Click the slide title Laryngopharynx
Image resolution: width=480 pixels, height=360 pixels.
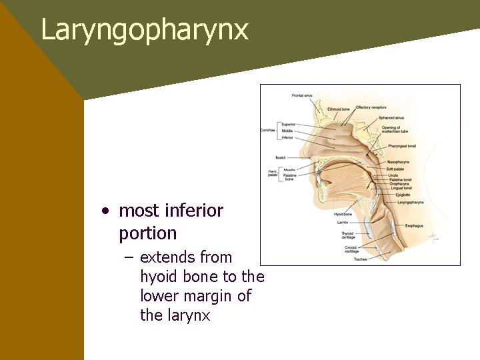145,31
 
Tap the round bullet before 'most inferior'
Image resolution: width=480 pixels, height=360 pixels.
105,211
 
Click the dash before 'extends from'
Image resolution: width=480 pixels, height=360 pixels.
129,258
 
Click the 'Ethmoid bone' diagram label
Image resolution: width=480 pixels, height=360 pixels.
339,109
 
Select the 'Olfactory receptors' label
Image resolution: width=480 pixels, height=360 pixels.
371,107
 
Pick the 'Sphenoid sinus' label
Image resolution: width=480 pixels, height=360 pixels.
391,118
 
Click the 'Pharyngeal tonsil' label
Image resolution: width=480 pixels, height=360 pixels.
402,145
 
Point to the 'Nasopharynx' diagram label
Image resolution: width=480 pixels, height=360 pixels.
398,162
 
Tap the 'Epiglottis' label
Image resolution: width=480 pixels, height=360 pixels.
403,195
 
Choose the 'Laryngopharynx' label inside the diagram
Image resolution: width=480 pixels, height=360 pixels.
410,202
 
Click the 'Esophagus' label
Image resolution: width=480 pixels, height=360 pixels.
413,226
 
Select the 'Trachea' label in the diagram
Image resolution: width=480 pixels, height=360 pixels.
360,259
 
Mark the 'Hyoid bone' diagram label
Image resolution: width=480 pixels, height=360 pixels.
343,214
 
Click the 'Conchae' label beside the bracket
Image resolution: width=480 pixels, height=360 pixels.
268,131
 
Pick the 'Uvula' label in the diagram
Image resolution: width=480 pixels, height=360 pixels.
393,175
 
